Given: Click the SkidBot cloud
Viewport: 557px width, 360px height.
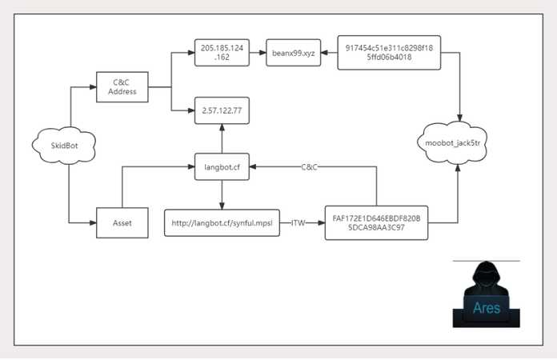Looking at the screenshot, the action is click(x=64, y=146).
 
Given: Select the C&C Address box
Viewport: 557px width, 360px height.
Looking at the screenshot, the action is click(x=122, y=87).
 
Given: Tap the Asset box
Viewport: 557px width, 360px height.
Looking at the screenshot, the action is click(x=122, y=223).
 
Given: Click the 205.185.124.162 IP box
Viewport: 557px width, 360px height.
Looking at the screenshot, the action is click(x=222, y=53).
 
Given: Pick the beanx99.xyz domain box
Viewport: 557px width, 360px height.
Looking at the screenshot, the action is click(x=294, y=53).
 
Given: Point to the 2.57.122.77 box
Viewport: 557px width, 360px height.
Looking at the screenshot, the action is click(x=222, y=110).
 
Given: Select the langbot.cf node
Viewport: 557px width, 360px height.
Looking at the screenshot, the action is click(x=222, y=167).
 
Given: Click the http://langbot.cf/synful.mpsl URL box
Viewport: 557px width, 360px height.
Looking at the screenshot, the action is click(x=222, y=223).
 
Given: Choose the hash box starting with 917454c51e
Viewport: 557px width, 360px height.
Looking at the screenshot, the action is click(x=389, y=53).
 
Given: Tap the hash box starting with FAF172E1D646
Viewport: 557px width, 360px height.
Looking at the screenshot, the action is click(x=377, y=223).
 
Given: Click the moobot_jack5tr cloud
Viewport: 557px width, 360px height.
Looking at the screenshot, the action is click(x=453, y=143).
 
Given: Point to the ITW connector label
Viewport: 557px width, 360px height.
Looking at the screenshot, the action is click(x=298, y=223).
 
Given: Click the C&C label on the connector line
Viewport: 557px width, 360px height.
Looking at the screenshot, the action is click(x=309, y=167).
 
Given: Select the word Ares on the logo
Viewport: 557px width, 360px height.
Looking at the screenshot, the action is click(x=487, y=307).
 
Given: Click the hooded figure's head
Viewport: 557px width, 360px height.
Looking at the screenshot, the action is click(x=486, y=274).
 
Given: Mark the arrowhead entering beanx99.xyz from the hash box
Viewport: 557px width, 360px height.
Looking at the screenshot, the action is click(x=324, y=53).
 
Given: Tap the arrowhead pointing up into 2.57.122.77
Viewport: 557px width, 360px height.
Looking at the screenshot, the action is click(x=222, y=127).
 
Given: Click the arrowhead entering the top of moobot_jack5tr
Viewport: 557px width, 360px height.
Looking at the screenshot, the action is click(x=459, y=118).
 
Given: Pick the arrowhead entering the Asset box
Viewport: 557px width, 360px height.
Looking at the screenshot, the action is click(x=93, y=223).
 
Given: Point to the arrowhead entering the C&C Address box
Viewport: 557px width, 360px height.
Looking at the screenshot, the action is click(x=93, y=87).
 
